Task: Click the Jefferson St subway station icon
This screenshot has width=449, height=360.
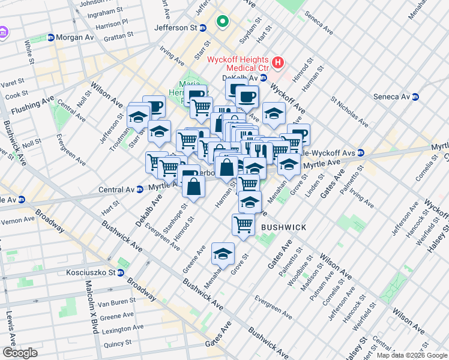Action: [x=203, y=28]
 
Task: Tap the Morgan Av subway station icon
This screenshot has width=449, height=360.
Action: [x=51, y=37]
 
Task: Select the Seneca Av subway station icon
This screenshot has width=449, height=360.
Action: [x=415, y=97]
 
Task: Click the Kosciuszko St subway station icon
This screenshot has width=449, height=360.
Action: [x=121, y=273]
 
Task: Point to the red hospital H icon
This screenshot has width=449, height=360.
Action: [x=277, y=62]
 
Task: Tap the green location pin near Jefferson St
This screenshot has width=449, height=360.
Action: [x=223, y=23]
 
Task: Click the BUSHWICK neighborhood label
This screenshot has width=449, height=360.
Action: [x=283, y=227]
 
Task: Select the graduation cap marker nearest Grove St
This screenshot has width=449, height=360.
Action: [x=223, y=254]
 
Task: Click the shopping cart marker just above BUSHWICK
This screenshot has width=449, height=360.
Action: [x=243, y=224]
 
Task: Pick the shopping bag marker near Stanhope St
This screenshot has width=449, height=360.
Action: [x=194, y=186]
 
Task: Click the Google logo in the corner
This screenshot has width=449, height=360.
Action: [x=20, y=353]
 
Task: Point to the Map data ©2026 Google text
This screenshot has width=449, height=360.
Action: [x=411, y=355]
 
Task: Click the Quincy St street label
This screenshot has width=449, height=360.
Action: [x=117, y=343]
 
